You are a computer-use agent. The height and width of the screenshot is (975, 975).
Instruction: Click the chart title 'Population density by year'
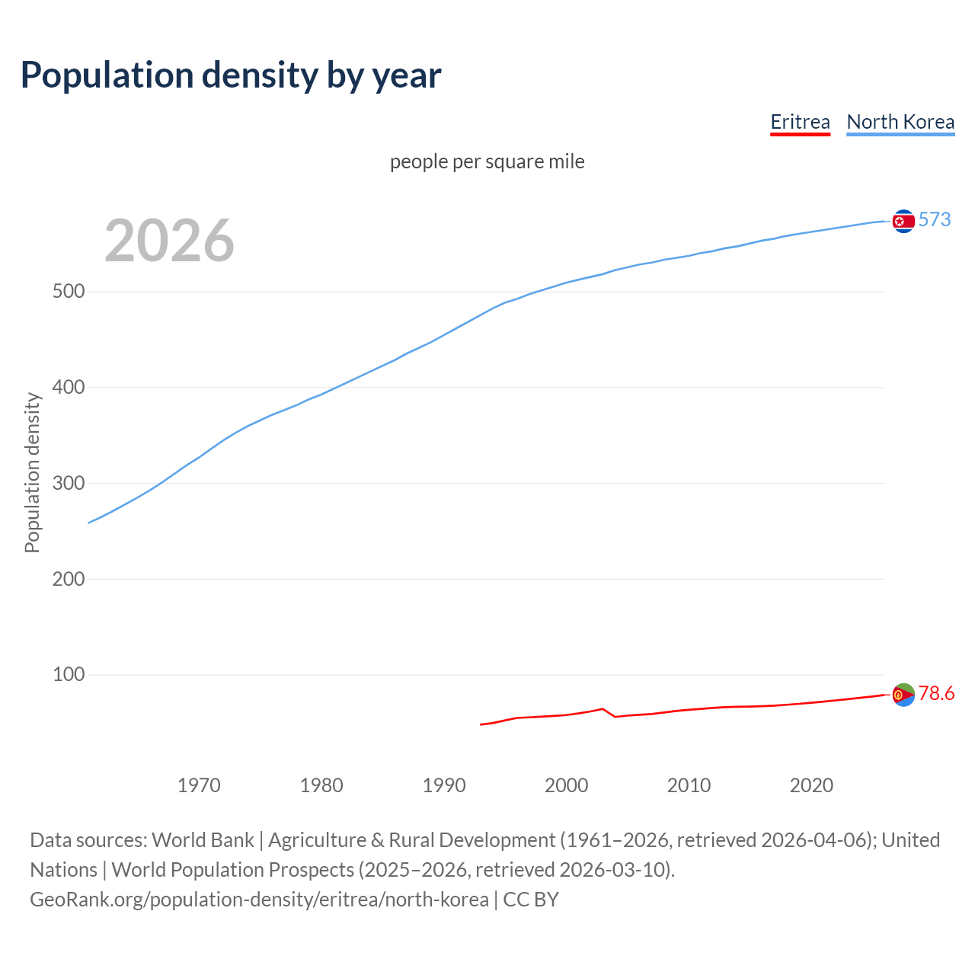click(x=231, y=75)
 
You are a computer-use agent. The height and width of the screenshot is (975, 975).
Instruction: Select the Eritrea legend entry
click(x=800, y=122)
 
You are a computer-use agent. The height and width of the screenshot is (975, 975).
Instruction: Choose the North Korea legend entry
click(x=900, y=122)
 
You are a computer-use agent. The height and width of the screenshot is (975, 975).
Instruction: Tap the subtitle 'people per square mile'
click(x=487, y=161)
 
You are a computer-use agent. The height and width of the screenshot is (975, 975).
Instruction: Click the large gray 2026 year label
click(x=169, y=241)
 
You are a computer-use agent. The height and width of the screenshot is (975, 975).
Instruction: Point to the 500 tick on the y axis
click(x=68, y=292)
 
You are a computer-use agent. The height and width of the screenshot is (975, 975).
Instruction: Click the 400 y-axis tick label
click(x=68, y=388)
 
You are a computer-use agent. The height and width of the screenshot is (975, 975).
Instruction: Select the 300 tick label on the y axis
click(x=68, y=484)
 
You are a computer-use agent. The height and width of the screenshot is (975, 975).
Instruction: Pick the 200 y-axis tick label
click(x=68, y=579)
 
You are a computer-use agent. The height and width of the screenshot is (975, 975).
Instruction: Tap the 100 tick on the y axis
click(x=68, y=675)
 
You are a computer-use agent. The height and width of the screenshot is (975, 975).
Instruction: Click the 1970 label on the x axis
click(x=199, y=785)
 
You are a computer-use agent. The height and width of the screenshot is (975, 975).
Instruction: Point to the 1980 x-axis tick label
click(x=321, y=785)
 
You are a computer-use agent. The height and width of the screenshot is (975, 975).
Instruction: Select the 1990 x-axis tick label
click(x=444, y=785)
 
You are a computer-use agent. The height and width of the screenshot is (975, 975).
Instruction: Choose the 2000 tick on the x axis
click(x=566, y=785)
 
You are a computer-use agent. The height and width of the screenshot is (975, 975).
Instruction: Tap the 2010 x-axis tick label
click(x=689, y=785)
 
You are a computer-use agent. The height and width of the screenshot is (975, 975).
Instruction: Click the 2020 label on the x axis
click(x=811, y=785)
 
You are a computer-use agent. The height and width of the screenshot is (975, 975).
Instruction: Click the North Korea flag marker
click(x=903, y=221)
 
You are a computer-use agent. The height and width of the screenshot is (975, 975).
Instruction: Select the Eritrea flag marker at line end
click(x=903, y=695)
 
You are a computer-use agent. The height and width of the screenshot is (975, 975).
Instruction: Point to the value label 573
click(x=935, y=219)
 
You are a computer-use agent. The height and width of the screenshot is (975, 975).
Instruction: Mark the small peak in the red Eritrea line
click(x=603, y=708)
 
